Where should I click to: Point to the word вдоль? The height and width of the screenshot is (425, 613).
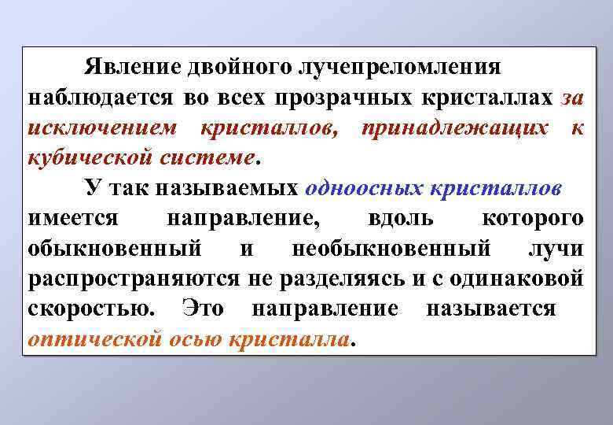coord(397,217)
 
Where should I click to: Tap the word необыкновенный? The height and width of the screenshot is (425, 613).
coord(391,248)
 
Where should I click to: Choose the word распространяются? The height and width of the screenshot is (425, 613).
coord(135,278)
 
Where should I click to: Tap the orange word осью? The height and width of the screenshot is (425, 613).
coord(204,338)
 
